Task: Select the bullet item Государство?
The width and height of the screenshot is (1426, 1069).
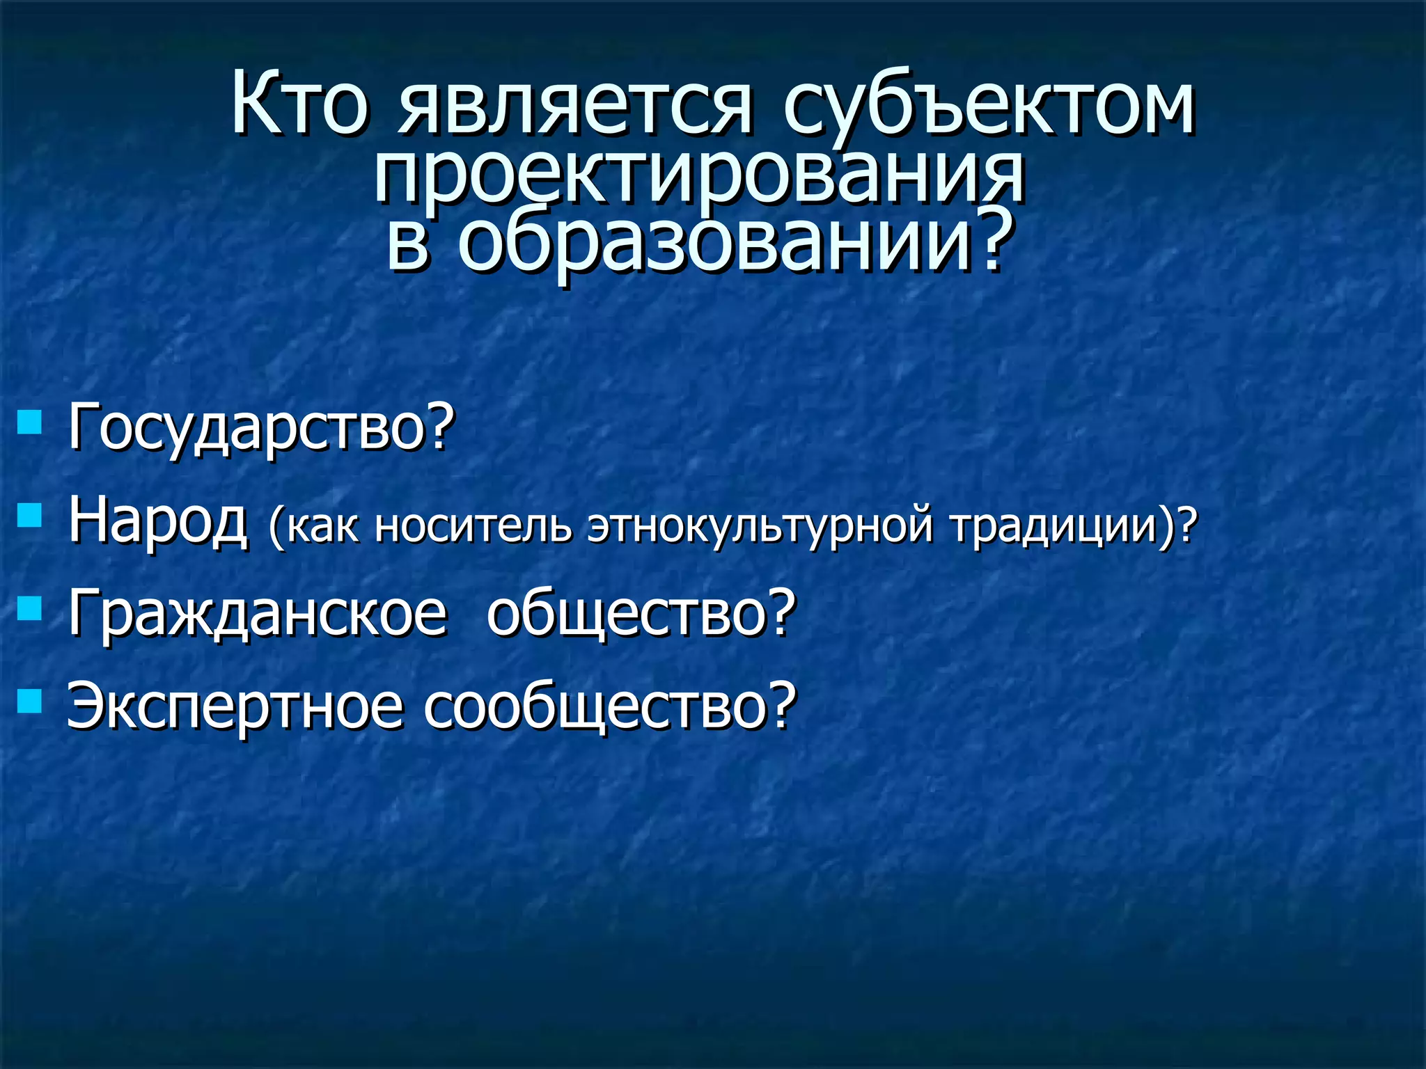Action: [261, 428]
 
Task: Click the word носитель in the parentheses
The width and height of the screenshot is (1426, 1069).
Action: [473, 526]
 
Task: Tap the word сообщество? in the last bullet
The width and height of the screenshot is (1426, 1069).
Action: [610, 706]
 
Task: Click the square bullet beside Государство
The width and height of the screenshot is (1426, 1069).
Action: [29, 422]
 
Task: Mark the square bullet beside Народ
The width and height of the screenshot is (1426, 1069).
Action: [29, 516]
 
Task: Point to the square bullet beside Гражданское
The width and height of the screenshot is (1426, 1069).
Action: [29, 608]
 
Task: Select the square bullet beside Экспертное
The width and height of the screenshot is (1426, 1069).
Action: [29, 701]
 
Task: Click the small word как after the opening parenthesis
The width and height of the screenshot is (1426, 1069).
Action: [324, 528]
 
